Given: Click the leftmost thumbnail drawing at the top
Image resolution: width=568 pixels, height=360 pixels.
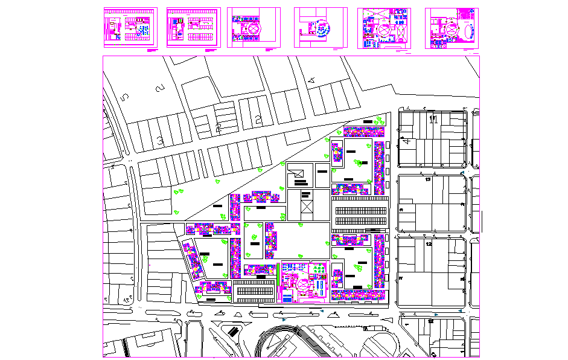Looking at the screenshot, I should coord(130,27).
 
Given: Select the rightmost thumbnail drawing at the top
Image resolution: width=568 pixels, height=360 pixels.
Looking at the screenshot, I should coord(452,27).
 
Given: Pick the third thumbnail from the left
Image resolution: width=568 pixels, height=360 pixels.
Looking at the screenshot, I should coord(254,27).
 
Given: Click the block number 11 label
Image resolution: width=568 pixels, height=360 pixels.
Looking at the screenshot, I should coord(432,119).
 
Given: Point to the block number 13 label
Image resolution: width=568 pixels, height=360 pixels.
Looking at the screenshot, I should coord(428,179).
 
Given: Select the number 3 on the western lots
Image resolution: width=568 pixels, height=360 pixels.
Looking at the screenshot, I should coord(160,141).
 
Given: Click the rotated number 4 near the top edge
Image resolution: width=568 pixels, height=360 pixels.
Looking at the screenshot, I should coord(312,80).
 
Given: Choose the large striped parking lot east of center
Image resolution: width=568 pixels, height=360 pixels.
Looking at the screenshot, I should coord(360,214).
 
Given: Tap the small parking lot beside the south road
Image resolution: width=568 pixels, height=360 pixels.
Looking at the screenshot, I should coord(254,291).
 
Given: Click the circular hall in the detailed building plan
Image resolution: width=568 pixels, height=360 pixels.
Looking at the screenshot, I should coord(304,283).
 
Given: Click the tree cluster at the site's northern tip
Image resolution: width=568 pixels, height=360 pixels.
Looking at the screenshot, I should coord(378,120).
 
